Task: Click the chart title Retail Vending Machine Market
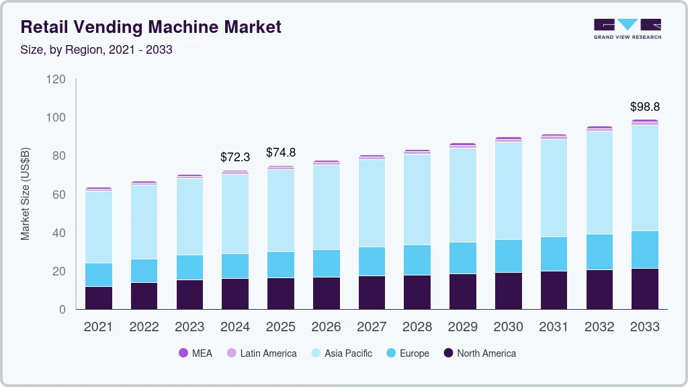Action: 151,27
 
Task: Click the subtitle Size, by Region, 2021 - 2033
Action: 97,50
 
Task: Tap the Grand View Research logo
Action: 627,28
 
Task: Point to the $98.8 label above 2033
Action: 644,107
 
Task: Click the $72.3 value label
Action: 235,157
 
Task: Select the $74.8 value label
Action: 281,153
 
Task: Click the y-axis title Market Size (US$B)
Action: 26,193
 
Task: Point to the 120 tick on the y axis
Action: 56,79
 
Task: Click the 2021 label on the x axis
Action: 99,327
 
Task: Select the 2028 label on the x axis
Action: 417,327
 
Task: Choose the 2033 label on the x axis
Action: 644,327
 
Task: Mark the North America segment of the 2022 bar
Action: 144,296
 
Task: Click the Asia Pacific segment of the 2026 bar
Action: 326,207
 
